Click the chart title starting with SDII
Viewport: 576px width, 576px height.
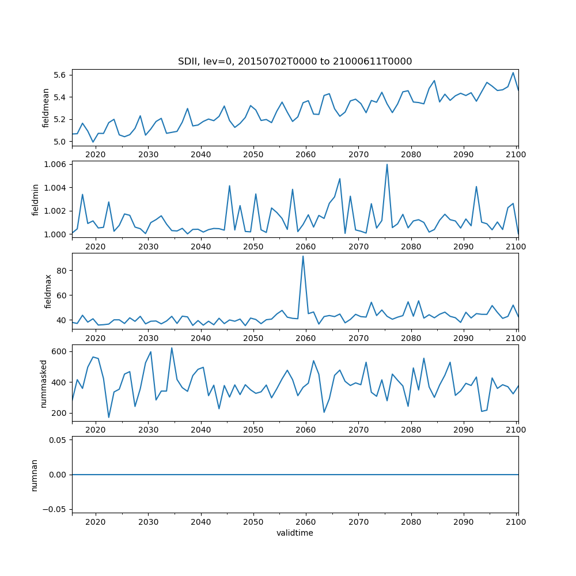click(295, 61)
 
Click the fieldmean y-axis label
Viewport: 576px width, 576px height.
click(46, 108)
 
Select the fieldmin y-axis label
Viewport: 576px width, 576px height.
click(36, 199)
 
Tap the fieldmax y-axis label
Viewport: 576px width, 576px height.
click(48, 291)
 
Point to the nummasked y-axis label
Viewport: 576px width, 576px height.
click(44, 382)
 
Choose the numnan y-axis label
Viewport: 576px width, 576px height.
click(35, 474)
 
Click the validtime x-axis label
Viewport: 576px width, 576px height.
click(295, 533)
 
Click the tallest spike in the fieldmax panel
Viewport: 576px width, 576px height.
click(303, 256)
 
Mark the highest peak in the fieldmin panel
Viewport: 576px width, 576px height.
click(386, 164)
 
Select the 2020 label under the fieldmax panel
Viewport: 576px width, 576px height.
click(95, 338)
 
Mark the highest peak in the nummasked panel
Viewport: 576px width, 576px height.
click(172, 347)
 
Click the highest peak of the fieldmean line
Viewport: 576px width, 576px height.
click(513, 73)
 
